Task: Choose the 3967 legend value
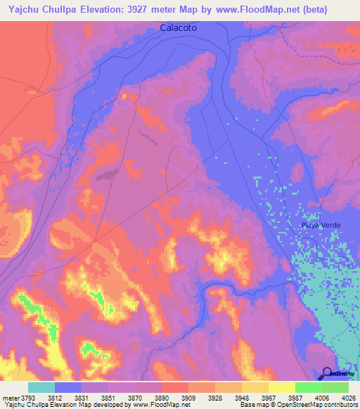281,397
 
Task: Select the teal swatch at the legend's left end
41,387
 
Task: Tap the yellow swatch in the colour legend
282,387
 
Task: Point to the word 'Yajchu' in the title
23,10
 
